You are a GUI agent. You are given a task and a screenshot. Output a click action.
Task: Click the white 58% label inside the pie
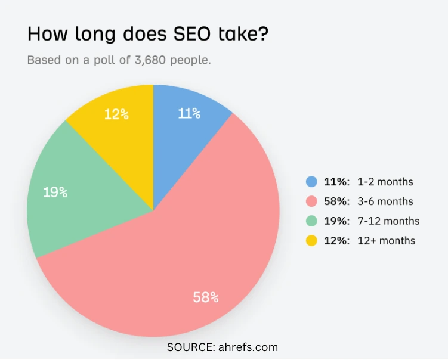pos(205,297)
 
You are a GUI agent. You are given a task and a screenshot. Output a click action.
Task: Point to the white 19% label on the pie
pos(55,192)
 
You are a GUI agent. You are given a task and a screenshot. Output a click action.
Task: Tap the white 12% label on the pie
pos(116,114)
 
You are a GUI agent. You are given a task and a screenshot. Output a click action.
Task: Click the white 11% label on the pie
pos(189,113)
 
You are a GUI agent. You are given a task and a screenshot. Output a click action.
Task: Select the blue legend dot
pos(311,182)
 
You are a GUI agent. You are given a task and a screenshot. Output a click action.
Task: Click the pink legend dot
pos(311,201)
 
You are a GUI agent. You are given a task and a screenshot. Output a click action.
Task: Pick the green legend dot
pos(311,221)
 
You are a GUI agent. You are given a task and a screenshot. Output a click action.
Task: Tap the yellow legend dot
pos(311,241)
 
